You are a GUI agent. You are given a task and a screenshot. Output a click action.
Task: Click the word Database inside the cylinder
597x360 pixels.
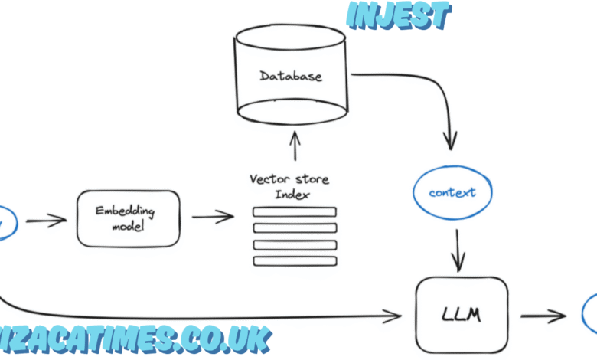coord(290,76)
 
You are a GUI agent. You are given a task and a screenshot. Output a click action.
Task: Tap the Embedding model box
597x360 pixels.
coord(128,218)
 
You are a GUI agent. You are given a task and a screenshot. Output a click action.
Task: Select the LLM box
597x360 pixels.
coord(462,314)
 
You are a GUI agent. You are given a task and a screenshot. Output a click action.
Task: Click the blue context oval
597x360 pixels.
coord(452,192)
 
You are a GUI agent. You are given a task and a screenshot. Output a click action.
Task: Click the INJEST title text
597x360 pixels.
coord(399,16)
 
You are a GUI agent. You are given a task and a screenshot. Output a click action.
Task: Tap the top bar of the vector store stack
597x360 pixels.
coord(295,212)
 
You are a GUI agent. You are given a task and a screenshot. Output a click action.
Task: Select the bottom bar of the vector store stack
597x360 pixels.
coord(295,261)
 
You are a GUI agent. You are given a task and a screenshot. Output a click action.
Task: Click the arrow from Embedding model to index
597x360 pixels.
coord(212,218)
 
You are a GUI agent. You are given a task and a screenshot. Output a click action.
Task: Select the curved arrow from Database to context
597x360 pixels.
coord(429,92)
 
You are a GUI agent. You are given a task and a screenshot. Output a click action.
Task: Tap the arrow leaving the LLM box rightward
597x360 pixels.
coord(543,314)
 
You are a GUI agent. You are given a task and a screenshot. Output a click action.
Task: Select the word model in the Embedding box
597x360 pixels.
coord(128,227)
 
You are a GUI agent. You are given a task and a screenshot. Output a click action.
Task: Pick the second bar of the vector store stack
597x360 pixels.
coord(295,228)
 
